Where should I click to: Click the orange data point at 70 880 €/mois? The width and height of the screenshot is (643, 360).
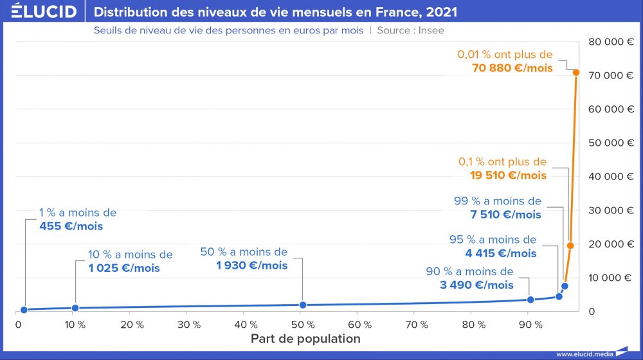pyautogui.click(x=576, y=73)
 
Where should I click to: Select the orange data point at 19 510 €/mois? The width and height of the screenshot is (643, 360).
pyautogui.click(x=570, y=246)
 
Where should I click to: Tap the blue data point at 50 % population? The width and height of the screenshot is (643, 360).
pyautogui.click(x=303, y=305)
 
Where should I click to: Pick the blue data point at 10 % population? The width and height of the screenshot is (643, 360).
pyautogui.click(x=75, y=308)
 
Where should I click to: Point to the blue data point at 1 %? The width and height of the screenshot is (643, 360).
pyautogui.click(x=24, y=310)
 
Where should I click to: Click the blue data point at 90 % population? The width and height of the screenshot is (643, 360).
pyautogui.click(x=530, y=300)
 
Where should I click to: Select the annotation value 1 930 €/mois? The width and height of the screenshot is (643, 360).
pyautogui.click(x=252, y=265)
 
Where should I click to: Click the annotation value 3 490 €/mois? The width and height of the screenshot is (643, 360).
pyautogui.click(x=477, y=285)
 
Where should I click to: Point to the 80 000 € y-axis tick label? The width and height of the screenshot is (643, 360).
pyautogui.click(x=611, y=42)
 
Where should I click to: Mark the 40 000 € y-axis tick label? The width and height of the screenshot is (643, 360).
pyautogui.click(x=611, y=176)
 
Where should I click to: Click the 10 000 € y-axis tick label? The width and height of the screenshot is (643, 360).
pyautogui.click(x=611, y=278)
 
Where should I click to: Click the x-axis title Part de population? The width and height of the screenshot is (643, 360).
pyautogui.click(x=305, y=339)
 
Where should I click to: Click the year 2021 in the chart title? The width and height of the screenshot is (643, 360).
pyautogui.click(x=442, y=12)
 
